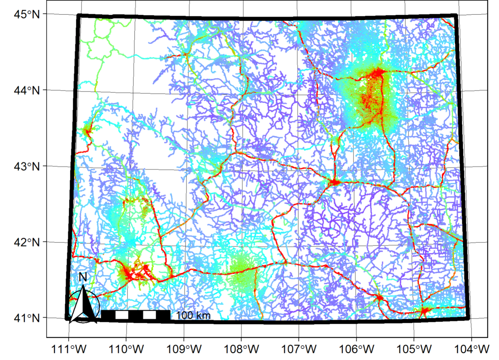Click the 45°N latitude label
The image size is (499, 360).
point(27,14)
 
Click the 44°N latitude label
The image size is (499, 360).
point(27,90)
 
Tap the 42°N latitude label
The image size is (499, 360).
point(27,242)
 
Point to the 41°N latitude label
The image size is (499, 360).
point(27,318)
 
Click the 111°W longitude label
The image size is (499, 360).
point(69,349)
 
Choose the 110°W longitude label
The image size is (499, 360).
point(126,349)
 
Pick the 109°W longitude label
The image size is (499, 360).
point(184,349)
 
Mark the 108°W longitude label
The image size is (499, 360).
point(242,349)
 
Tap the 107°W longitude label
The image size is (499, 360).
point(299,349)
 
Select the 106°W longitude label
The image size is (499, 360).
point(357,349)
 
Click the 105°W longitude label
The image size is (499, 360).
point(414,349)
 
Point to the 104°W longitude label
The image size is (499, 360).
point(472,349)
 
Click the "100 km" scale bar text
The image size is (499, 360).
point(193,315)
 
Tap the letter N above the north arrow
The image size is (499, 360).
point(83,277)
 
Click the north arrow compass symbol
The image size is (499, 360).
point(83,304)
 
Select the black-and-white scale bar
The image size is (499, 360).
point(135,315)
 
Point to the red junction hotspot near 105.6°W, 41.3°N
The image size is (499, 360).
point(379,298)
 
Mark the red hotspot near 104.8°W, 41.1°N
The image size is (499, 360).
point(425,310)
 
